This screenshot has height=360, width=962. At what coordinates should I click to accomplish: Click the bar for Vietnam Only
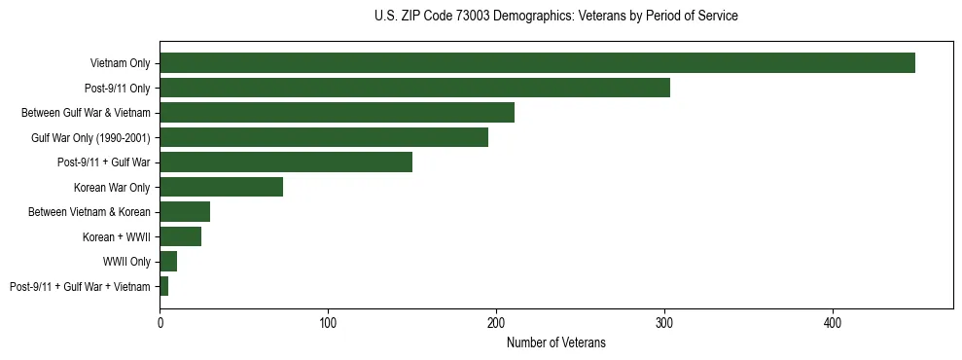pos(537,63)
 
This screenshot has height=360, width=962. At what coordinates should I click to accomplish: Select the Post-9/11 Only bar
pos(414,88)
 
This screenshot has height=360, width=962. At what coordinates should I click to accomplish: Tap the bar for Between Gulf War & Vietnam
pos(337,113)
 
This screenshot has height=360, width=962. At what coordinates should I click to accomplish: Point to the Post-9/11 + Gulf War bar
pos(286,162)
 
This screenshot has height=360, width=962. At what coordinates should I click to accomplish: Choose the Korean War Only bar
pos(221,187)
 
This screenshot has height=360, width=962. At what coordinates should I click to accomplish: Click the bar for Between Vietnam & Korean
pos(185,212)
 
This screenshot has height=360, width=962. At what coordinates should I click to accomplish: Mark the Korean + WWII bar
pos(180,236)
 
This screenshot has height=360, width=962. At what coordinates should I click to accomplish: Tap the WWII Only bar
pos(168,262)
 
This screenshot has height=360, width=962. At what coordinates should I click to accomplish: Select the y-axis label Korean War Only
pos(112,187)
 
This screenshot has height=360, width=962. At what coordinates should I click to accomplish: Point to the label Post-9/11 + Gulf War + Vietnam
pos(80,287)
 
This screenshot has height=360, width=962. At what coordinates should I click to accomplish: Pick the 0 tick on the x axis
pos(160,322)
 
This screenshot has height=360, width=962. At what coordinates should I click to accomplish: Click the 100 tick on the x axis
pos(328,322)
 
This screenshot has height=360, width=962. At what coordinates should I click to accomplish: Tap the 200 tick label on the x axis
pos(496,322)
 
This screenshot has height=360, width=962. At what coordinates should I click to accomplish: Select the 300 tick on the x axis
pos(664,322)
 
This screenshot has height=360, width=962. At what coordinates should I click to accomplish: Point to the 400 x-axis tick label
pos(833,322)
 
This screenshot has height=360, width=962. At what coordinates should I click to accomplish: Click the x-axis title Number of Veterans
pos(555,342)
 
